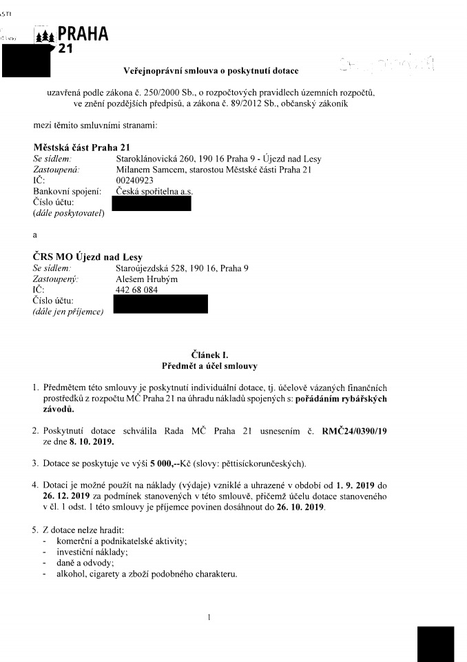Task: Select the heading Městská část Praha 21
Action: [82, 147]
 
